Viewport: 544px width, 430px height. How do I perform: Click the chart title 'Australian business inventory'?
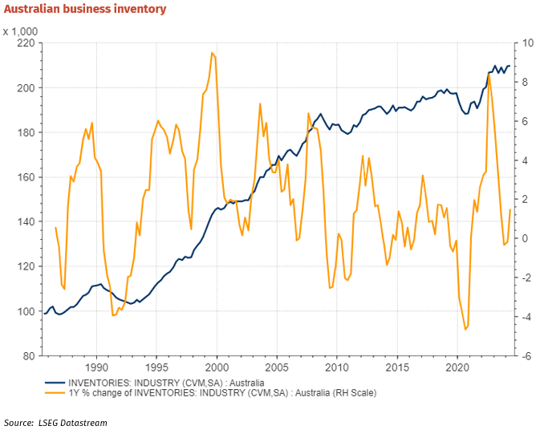85,10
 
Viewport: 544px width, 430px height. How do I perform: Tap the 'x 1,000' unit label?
22,31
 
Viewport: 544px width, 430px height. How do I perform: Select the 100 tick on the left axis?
24,311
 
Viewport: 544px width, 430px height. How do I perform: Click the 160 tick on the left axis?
24,177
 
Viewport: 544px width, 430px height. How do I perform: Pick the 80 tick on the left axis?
26,356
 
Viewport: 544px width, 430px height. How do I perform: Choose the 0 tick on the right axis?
525,239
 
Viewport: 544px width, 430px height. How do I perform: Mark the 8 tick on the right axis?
525,82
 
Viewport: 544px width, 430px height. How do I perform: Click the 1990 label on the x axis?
96,368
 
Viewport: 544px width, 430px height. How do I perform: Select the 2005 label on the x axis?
277,368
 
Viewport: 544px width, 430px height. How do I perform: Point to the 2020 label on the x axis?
457,368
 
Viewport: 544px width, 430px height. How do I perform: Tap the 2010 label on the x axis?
336,368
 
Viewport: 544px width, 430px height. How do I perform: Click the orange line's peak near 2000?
212,53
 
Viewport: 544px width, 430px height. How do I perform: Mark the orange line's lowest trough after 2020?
465,329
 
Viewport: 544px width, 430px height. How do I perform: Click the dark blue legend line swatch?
54,383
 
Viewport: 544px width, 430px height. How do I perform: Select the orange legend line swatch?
54,393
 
